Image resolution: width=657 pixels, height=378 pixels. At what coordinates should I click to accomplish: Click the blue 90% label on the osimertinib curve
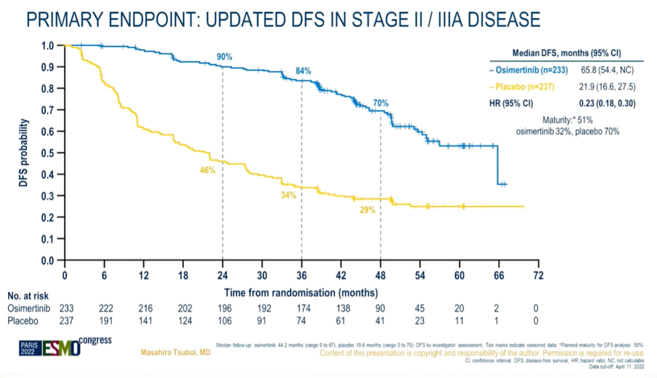point(224,57)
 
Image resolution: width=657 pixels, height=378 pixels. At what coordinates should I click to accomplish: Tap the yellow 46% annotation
point(207,170)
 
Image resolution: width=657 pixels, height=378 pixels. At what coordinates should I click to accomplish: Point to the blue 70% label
point(380,103)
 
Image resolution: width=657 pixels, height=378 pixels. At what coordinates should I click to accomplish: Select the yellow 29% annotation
point(368,210)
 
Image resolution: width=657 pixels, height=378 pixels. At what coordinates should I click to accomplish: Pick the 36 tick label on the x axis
point(301,275)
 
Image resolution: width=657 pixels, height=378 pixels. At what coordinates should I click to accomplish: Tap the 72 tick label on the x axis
point(538,275)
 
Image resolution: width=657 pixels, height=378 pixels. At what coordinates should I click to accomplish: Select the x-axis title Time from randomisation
point(301,293)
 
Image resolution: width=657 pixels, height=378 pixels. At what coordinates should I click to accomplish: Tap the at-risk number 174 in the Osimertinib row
point(303,308)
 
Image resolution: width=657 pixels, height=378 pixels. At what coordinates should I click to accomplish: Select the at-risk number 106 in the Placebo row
point(224,321)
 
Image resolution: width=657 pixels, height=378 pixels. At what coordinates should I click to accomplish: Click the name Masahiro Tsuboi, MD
point(175,353)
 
